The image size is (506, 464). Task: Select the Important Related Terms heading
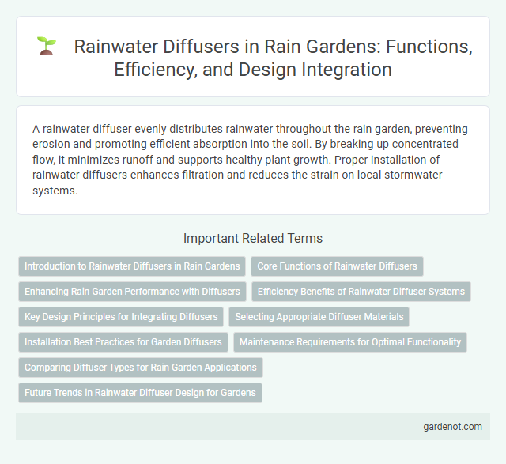click(x=252, y=238)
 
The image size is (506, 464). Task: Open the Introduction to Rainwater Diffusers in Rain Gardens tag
click(x=132, y=266)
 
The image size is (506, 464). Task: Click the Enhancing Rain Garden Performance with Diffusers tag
click(x=132, y=292)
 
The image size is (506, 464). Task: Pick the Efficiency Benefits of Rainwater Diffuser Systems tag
click(x=361, y=292)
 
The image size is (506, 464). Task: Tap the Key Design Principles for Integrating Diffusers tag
click(x=121, y=317)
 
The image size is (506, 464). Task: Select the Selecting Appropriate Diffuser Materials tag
click(x=319, y=317)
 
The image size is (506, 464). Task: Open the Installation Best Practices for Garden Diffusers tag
click(x=123, y=342)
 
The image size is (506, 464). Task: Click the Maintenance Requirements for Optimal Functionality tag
click(x=350, y=342)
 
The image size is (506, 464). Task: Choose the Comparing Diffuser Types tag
click(x=141, y=368)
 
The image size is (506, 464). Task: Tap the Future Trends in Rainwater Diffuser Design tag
click(x=140, y=393)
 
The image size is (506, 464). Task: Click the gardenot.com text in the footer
click(x=453, y=426)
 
